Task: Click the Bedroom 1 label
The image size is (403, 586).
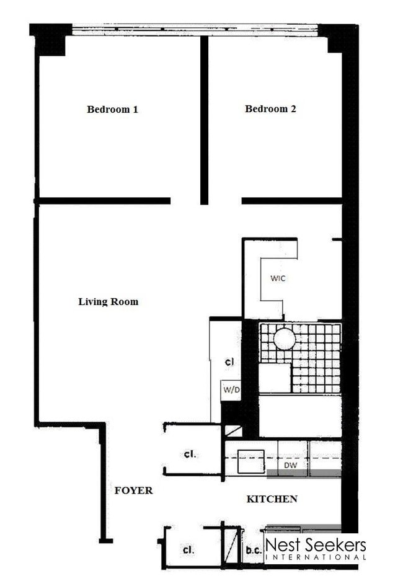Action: [112, 110]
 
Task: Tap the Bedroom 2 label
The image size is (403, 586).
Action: [270, 109]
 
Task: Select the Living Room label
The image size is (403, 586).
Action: [108, 302]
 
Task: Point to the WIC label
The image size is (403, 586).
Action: [278, 278]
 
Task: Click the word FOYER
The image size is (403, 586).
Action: [133, 491]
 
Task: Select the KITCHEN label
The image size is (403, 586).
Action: [272, 499]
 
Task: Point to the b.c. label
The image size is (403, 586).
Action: [252, 550]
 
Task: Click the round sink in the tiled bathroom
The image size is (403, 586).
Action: [285, 339]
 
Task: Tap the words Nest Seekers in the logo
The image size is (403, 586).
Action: [316, 545]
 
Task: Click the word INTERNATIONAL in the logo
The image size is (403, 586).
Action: [316, 557]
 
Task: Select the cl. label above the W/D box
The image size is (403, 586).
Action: [229, 362]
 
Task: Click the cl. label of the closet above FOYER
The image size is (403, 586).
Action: [190, 454]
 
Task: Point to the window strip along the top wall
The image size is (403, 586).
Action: [195, 29]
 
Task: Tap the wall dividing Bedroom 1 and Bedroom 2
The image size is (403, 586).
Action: [204, 118]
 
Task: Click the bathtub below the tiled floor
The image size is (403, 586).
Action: [299, 416]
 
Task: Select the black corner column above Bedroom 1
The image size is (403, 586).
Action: [51, 40]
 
